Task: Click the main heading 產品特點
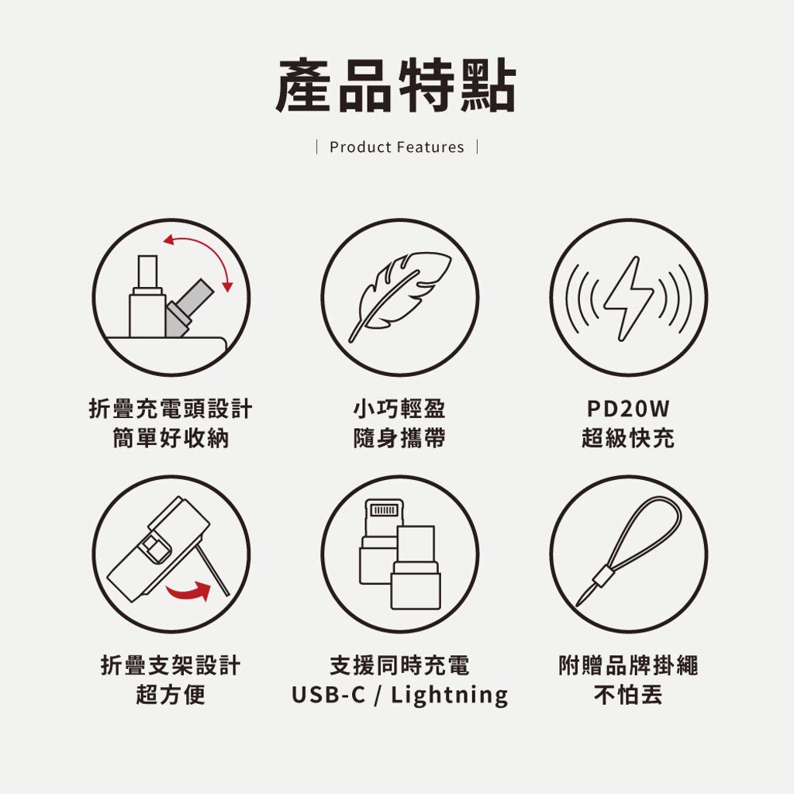click(396, 85)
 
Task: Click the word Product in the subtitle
click(361, 147)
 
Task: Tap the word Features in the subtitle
click(430, 147)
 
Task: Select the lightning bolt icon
click(628, 299)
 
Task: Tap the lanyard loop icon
click(628, 551)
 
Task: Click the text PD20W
click(628, 409)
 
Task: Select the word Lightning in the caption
click(449, 695)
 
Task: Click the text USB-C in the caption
click(328, 694)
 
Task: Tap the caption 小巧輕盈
click(399, 409)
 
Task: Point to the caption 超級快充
click(628, 438)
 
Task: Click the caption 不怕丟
click(628, 694)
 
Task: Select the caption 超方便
click(171, 694)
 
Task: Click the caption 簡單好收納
click(171, 438)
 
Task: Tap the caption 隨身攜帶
click(399, 438)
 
